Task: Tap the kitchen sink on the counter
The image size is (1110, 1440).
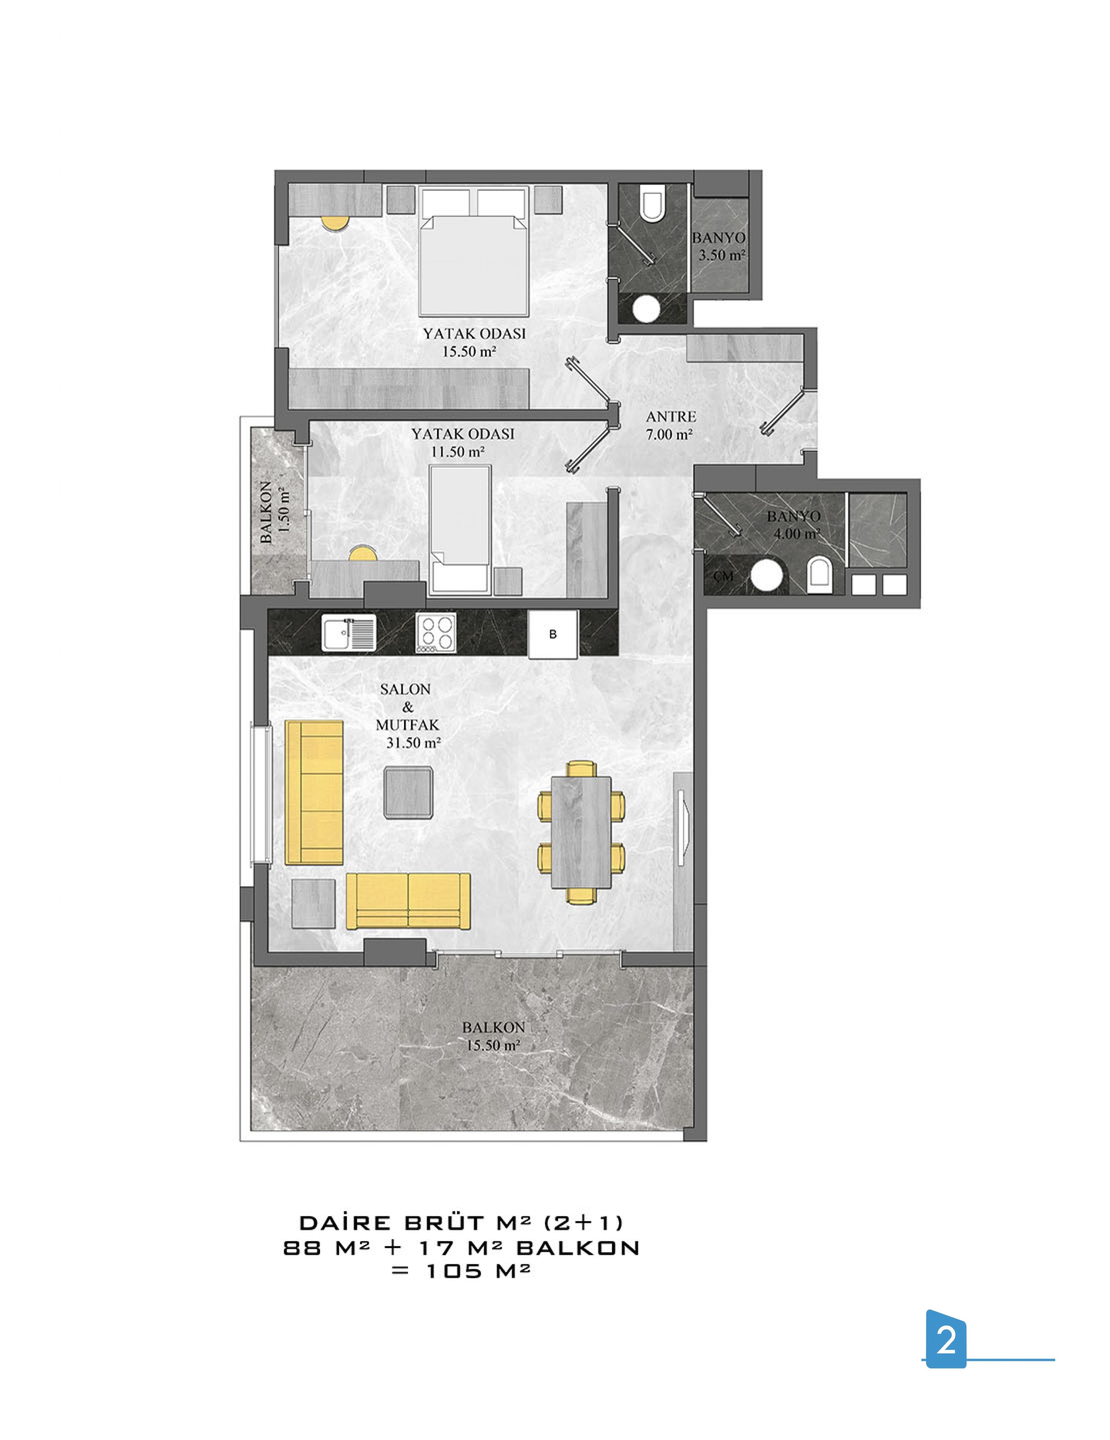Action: coord(348,633)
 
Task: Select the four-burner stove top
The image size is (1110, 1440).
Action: coord(435,633)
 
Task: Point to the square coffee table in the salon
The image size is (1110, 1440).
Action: coord(408,792)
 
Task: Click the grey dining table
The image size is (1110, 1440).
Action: coord(581,831)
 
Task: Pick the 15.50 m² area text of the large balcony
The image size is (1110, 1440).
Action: coord(493,1045)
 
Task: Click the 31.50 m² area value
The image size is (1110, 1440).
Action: coord(413,743)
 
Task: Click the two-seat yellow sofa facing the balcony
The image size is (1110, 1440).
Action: coord(408,901)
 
